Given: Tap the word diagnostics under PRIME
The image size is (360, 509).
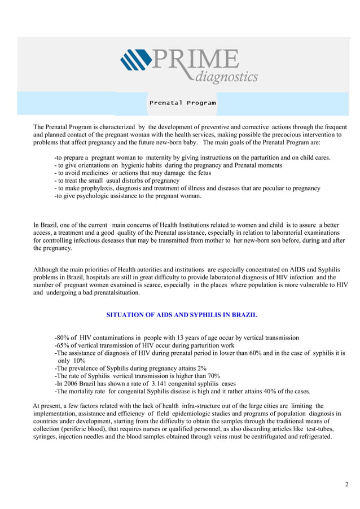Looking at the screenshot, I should pos(225,76).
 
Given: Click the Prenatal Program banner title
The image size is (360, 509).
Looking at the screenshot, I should pos(182,103).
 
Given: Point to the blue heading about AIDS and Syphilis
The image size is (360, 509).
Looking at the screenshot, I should pos(182,314).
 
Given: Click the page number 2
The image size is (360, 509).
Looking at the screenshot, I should pos(346,485).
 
